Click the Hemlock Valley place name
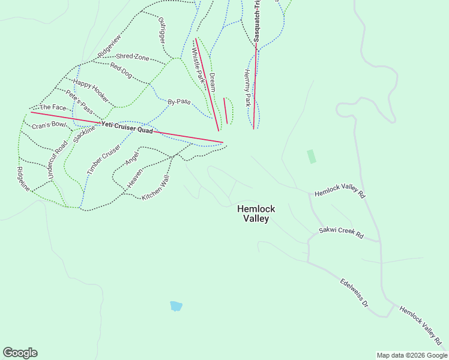(x=256, y=214)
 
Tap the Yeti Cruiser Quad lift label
(x=127, y=127)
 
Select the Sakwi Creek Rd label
(x=341, y=233)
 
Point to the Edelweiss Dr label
(x=354, y=293)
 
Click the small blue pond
(x=176, y=306)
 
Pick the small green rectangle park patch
(x=311, y=157)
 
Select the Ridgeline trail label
(x=23, y=179)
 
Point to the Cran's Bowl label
(x=49, y=125)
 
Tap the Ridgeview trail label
(x=109, y=46)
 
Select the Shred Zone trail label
(x=133, y=57)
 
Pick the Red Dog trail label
(x=121, y=70)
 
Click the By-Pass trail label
(x=179, y=101)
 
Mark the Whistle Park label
(x=199, y=65)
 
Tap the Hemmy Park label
(x=247, y=88)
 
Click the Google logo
(x=20, y=353)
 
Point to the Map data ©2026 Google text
(x=411, y=355)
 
